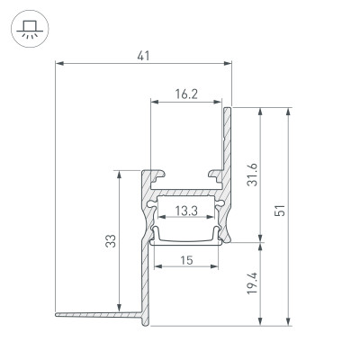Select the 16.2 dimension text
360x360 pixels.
[x=186, y=93]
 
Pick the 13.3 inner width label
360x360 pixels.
[x=186, y=211]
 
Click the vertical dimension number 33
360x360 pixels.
[x=110, y=240]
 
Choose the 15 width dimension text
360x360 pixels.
[x=185, y=260]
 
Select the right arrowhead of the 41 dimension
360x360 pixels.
[x=229, y=64]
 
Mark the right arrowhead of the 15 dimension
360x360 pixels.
[x=217, y=268]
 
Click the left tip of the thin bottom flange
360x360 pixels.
[x=56, y=314]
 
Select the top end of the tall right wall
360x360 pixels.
[x=229, y=109]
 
